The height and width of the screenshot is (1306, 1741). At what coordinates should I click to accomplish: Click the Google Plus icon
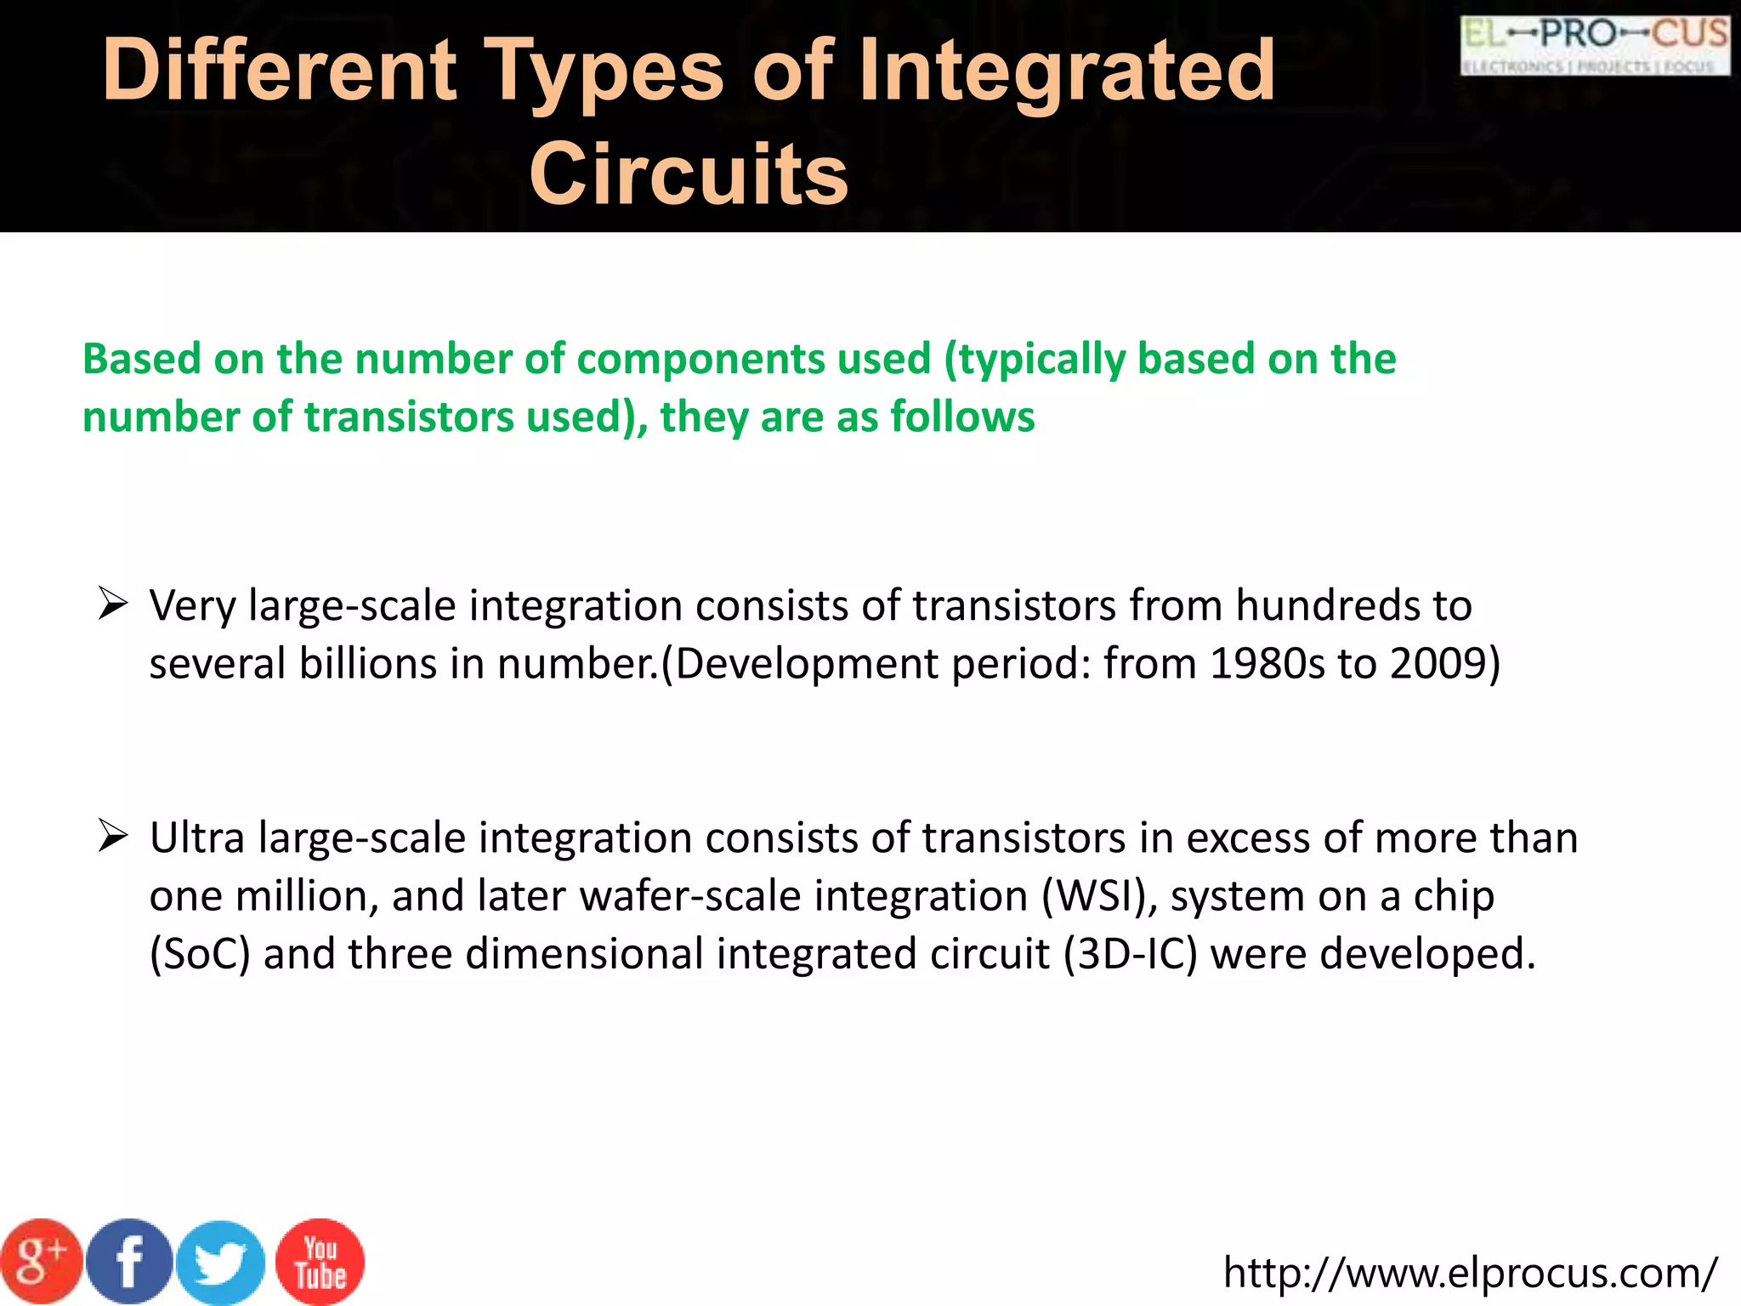(41, 1262)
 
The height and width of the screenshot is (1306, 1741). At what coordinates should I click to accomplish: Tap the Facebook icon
(130, 1262)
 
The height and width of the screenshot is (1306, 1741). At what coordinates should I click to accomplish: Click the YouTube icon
(320, 1263)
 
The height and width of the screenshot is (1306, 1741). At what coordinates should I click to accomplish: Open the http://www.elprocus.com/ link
(1470, 1273)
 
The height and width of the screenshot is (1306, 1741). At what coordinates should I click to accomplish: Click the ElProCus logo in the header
(1595, 46)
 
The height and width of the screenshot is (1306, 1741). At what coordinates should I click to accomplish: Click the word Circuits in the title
(689, 174)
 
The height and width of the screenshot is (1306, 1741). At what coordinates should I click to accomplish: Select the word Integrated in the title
(1067, 72)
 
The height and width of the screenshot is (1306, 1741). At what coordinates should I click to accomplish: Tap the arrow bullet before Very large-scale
(112, 605)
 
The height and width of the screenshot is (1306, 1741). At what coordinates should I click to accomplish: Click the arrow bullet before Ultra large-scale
(112, 837)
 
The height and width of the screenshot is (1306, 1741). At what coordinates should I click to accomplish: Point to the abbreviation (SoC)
(200, 954)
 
